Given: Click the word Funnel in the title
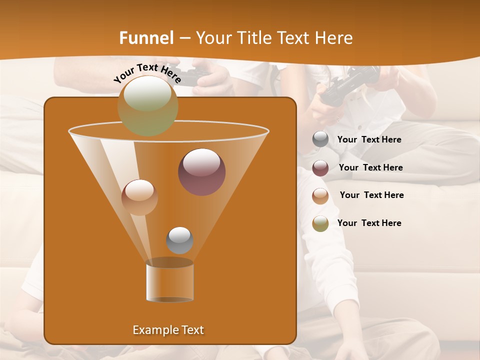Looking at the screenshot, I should pyautogui.click(x=147, y=38).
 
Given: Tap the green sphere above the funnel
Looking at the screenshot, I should pyautogui.click(x=147, y=105).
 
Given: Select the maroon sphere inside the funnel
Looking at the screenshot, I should pyautogui.click(x=201, y=172).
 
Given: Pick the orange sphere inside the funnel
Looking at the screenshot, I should pyautogui.click(x=139, y=197).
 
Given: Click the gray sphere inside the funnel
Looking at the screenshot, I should pyautogui.click(x=179, y=240).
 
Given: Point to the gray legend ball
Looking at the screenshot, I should pyautogui.click(x=320, y=139).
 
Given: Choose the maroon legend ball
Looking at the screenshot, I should pyautogui.click(x=320, y=168).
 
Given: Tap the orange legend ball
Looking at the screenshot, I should pyautogui.click(x=320, y=195).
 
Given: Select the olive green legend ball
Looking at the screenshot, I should pyautogui.click(x=320, y=223).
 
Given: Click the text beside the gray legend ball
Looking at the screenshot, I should pyautogui.click(x=369, y=140).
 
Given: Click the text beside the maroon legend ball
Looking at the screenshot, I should pyautogui.click(x=370, y=168).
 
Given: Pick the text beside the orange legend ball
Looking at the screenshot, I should pyautogui.click(x=371, y=195).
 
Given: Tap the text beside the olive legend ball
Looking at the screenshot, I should pyautogui.click(x=369, y=223).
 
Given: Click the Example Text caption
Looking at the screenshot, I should pyautogui.click(x=168, y=330).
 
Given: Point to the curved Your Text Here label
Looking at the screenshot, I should pyautogui.click(x=147, y=73).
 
